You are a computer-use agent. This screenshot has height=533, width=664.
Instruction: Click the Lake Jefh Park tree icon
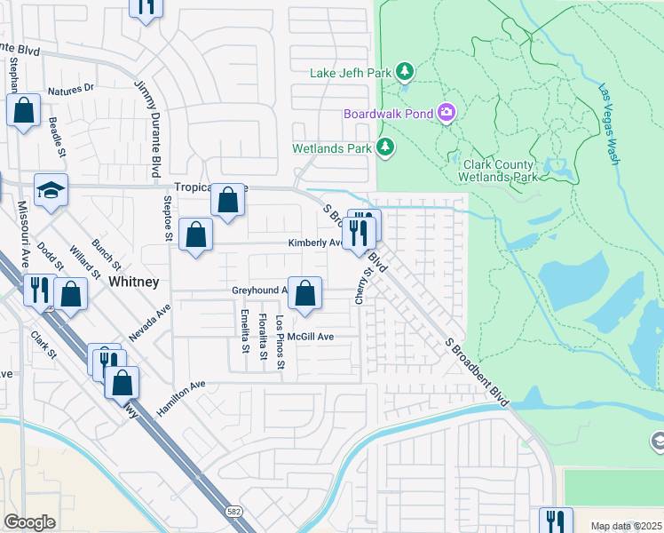click(x=405, y=70)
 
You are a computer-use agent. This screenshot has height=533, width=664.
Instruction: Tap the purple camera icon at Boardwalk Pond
click(x=446, y=113)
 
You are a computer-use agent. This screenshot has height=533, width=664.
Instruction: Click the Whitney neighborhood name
click(x=133, y=282)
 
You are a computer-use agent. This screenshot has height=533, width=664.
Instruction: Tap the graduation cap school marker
click(x=51, y=190)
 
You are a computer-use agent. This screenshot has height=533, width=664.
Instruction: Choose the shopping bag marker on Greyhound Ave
click(x=304, y=293)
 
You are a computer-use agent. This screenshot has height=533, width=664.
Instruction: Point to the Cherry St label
click(x=361, y=283)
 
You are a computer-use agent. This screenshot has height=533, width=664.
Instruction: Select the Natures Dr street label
click(x=71, y=90)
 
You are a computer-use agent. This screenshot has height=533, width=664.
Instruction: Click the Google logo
click(x=29, y=521)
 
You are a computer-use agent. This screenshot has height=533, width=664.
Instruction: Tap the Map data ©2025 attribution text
click(x=625, y=526)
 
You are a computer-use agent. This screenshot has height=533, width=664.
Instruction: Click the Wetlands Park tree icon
click(x=385, y=147)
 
